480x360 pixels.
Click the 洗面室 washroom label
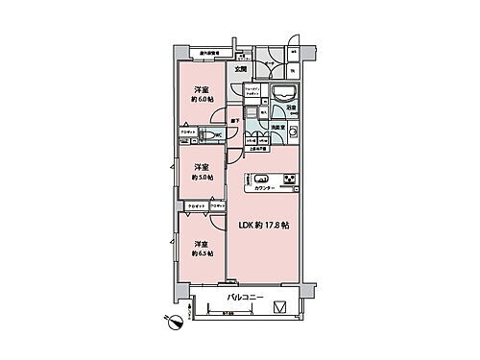pyautogui.click(x=276, y=126)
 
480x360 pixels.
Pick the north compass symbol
pyautogui.click(x=174, y=323)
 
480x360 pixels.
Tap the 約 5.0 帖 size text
pyautogui.click(x=201, y=177)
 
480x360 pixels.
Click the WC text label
pyautogui.click(x=218, y=136)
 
